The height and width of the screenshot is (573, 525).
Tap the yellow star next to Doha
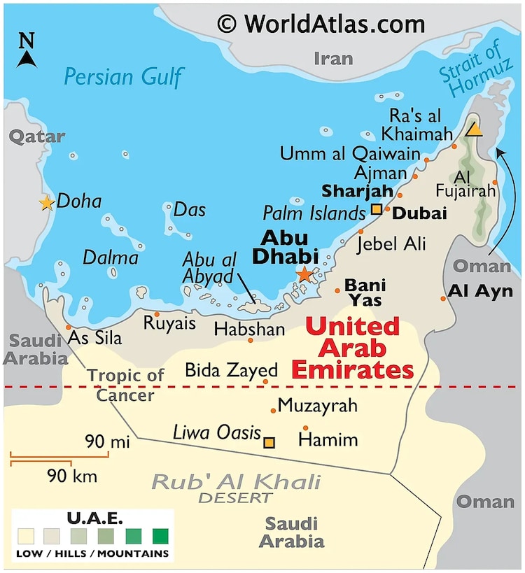pos(46,203)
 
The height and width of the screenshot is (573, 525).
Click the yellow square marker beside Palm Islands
pos(377,208)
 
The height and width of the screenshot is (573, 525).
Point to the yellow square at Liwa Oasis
pos(269,442)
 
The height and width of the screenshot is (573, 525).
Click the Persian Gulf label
pos(123,76)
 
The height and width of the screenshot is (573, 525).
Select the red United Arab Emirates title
pos(352,348)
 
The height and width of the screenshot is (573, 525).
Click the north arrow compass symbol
pos(27,50)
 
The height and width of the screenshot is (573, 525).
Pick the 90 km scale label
pos(72,476)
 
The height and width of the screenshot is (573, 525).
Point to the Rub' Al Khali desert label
pos(236,488)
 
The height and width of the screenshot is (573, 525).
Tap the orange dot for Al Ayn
pos(443,299)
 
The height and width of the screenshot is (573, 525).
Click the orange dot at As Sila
pos(68,327)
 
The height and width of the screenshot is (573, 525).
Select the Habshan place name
pos(249,330)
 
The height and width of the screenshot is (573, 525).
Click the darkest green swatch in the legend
pos(161,537)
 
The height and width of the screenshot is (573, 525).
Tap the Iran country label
pos(334,57)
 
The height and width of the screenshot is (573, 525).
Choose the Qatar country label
pos(36,136)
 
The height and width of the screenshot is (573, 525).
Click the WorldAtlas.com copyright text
pos(321,24)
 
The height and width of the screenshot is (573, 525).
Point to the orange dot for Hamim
pos(305,428)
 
